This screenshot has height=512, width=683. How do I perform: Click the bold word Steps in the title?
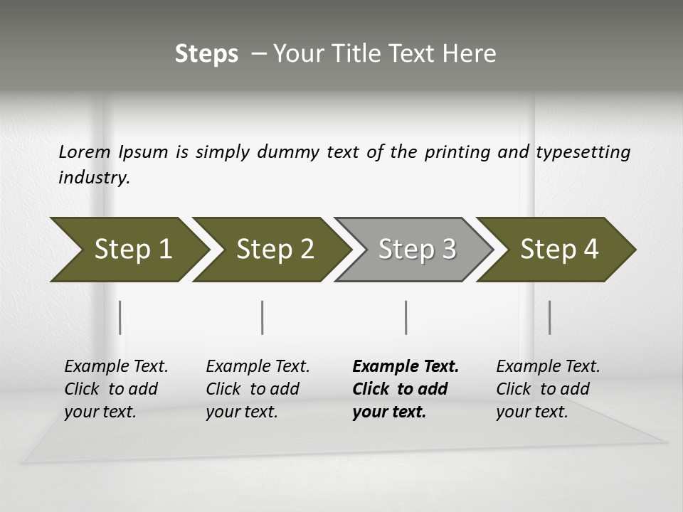point(206,54)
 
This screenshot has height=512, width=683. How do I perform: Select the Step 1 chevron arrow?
point(128,250)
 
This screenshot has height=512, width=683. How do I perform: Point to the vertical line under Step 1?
point(120,317)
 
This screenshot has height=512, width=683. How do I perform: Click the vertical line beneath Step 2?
point(263,317)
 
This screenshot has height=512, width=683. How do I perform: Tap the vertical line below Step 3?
point(406,317)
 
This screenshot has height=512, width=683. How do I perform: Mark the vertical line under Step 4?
point(549,317)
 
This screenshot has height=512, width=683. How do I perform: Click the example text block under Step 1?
point(116,389)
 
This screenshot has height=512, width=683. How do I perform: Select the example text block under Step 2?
point(258,389)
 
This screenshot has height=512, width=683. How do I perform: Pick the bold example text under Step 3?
point(406,389)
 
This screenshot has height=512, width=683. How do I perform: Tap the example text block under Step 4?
point(548,389)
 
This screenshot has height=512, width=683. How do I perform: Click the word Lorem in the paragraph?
point(85,152)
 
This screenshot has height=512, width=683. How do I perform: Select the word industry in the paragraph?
point(94,178)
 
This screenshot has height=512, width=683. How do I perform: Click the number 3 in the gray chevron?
point(448,250)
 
